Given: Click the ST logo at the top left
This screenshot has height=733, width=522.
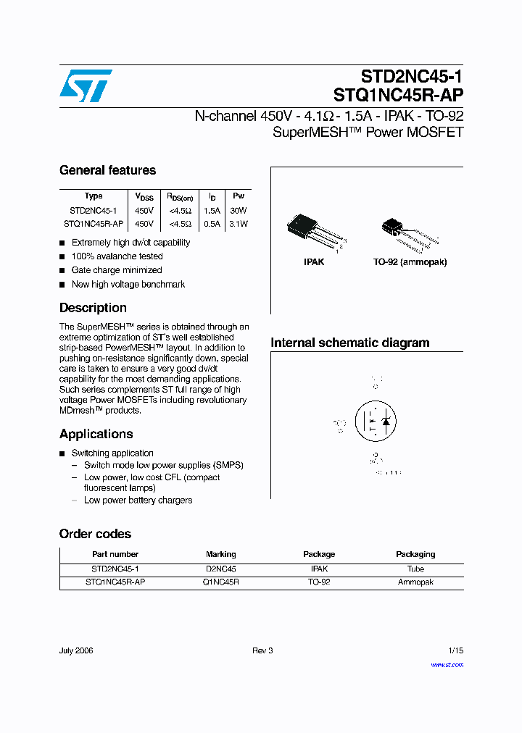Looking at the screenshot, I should pos(86,85).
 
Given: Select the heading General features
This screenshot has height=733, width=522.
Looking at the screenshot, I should pos(107,170).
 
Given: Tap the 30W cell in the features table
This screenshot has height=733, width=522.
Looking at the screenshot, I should pos(239,210).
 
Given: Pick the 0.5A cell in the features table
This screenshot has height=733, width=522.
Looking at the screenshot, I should pos(212,224).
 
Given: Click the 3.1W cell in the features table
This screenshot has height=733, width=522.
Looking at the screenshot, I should pos(239,224).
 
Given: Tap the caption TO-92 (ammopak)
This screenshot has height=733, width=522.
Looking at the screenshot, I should pos(410,261).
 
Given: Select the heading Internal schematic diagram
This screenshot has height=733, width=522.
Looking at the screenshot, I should pos(349,343).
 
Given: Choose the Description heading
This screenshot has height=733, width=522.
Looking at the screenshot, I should pos(93,308).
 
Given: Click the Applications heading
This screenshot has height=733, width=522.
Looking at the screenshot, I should pos(96,434).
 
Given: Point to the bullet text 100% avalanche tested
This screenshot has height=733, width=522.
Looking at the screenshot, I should pos(117,256).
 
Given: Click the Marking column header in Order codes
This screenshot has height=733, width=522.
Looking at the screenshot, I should pos(221,554).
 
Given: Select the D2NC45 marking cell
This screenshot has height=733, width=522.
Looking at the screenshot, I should pos(221,569).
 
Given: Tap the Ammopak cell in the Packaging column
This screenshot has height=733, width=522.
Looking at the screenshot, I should pos(415,582).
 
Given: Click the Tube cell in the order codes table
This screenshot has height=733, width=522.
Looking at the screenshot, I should pos(415,569).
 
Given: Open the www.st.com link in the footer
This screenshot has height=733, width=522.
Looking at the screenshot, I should pos(447,665).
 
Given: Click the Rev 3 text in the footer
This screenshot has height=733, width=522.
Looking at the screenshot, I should pos(262,650).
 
